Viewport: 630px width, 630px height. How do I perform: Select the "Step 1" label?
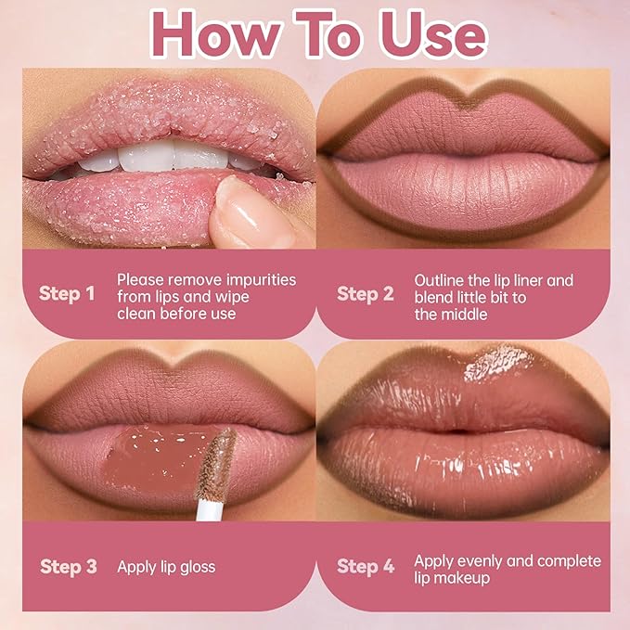click(x=67, y=294)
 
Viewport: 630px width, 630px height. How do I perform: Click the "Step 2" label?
click(x=365, y=294)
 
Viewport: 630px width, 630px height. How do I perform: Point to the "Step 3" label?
click(x=68, y=566)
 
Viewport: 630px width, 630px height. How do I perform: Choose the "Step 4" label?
click(x=365, y=566)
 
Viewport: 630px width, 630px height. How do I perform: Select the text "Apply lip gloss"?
click(x=166, y=566)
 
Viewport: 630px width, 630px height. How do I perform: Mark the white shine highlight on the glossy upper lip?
click(x=496, y=362)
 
